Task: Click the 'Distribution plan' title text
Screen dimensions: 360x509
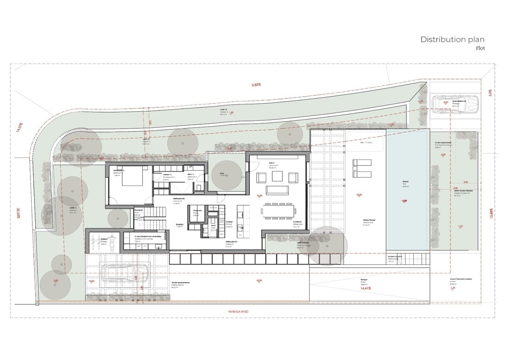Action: click(452, 39)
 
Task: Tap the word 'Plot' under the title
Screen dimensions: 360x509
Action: click(479, 48)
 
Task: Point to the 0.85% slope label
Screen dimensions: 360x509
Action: click(256, 85)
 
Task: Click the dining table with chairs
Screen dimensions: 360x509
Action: click(279, 212)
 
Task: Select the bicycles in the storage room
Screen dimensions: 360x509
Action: click(103, 243)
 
